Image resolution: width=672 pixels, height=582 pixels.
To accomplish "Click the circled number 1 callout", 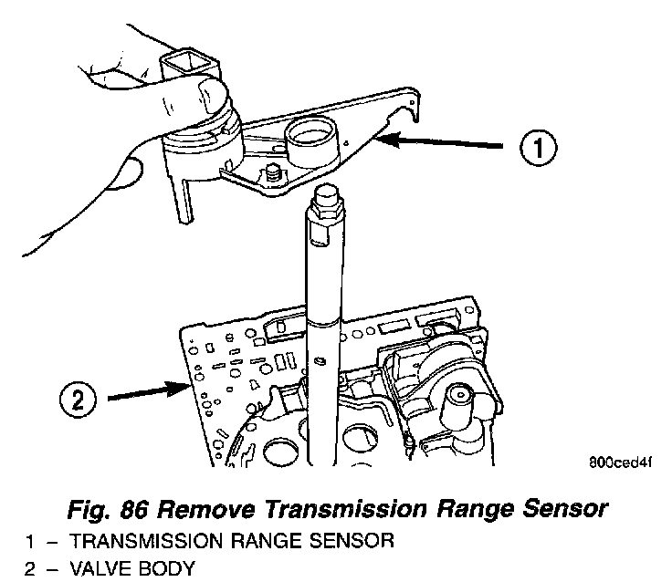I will (x=539, y=146).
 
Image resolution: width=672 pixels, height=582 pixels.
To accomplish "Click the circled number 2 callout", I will (x=79, y=399).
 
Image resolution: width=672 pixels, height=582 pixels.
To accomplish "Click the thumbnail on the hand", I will (x=208, y=90).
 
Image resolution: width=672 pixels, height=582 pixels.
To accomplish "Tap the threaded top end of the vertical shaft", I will (x=326, y=201).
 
